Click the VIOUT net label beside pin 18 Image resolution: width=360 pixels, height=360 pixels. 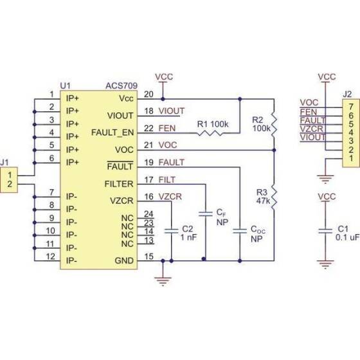(171, 111)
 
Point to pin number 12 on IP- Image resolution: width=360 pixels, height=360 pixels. (50, 257)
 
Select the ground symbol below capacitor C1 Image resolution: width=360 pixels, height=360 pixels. (327, 263)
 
